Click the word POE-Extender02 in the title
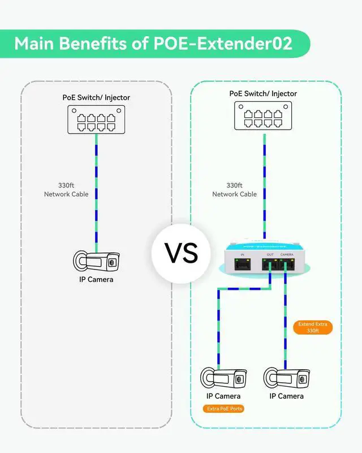[223, 44]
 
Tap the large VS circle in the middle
[181, 253]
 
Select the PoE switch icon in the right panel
[263, 117]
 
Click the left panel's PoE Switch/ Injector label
[96, 97]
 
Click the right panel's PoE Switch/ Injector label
[263, 93]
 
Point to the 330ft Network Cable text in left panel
[66, 190]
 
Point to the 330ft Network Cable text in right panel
[234, 190]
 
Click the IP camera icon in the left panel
[97, 261]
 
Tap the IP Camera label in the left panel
[96, 279]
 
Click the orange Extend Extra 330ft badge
[313, 327]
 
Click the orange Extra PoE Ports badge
[223, 408]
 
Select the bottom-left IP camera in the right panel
[224, 378]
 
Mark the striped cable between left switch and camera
[96, 193]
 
